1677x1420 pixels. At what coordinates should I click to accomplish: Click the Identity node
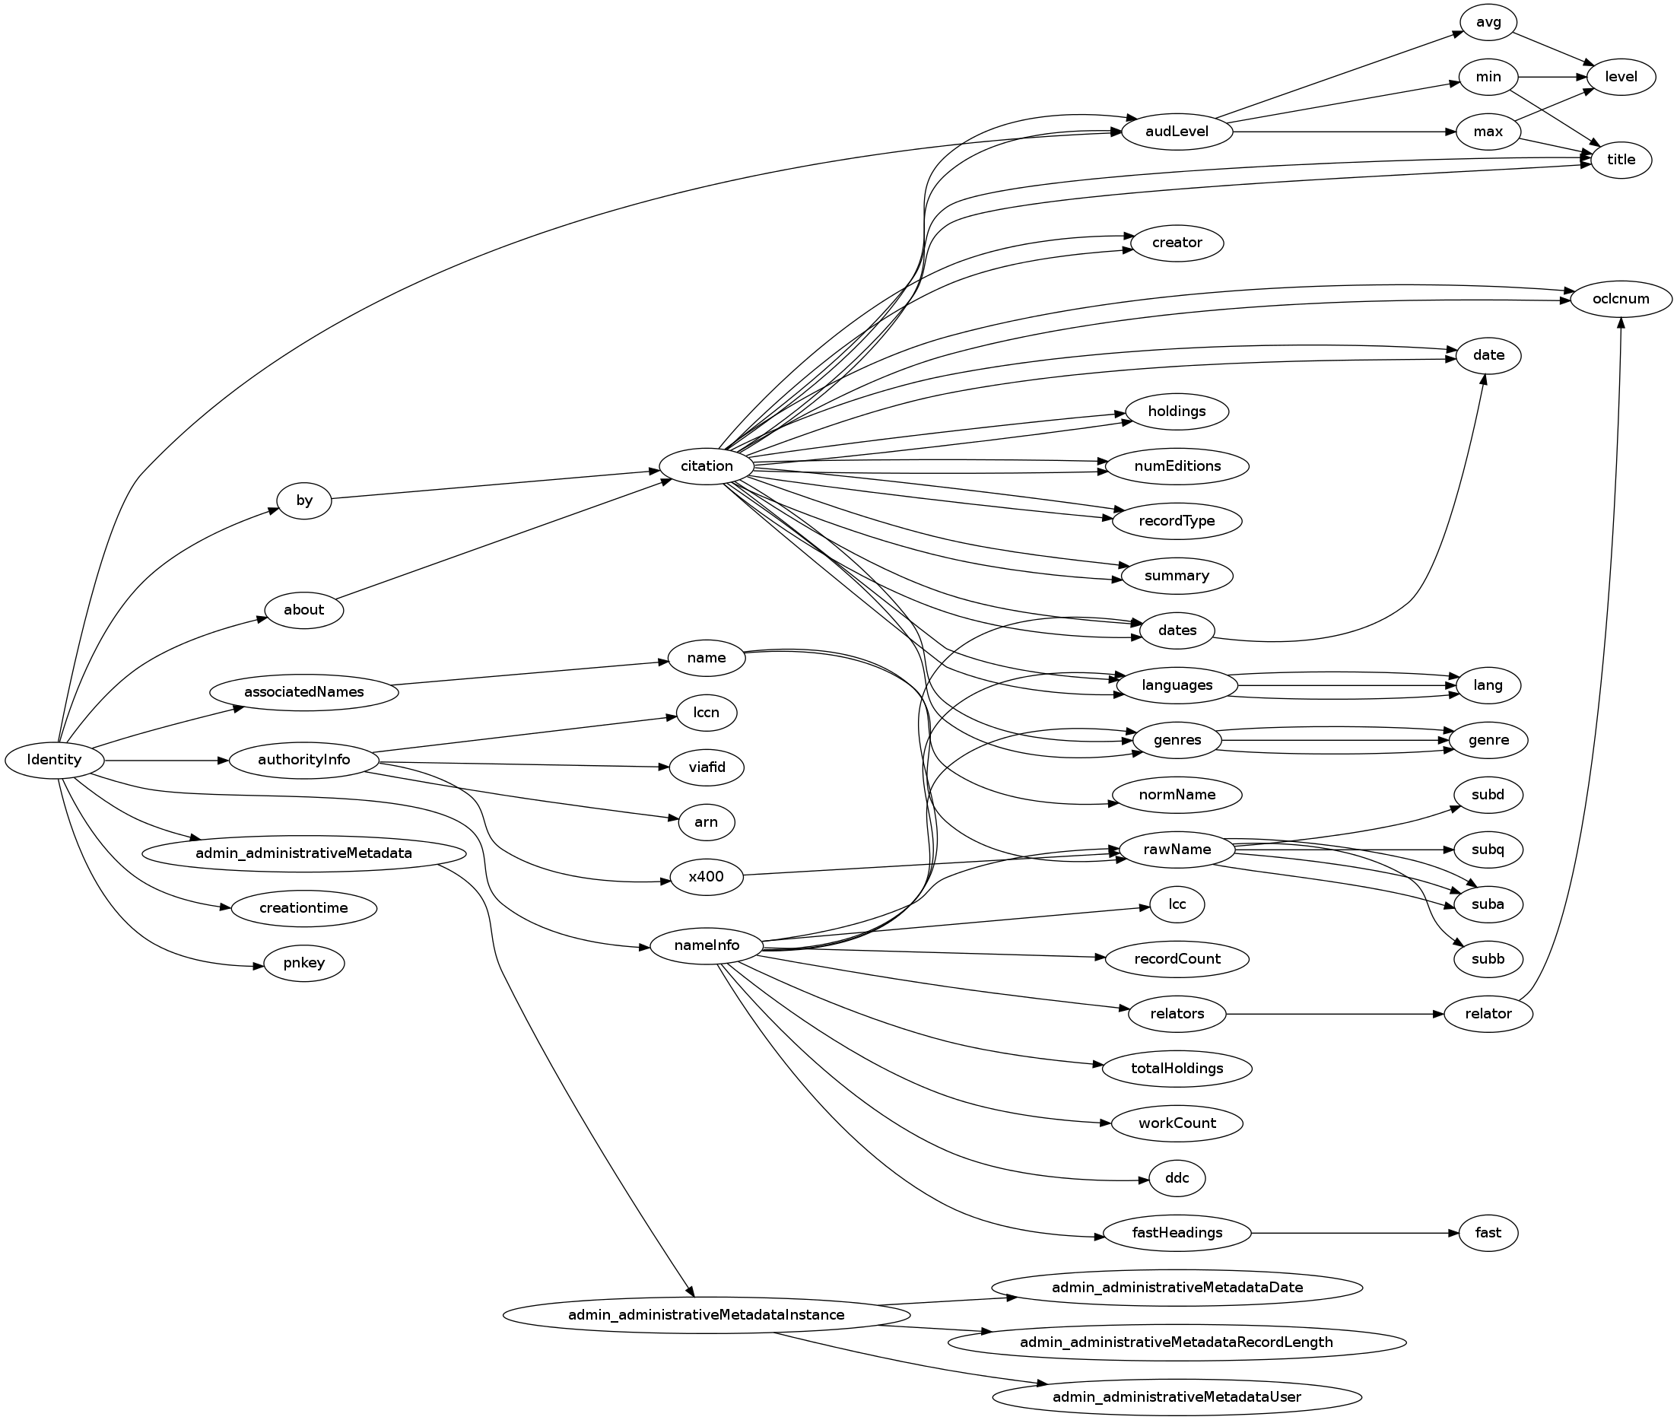[x=55, y=760]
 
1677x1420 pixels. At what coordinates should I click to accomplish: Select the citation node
[x=706, y=466]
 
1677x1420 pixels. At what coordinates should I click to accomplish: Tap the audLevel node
[x=1177, y=132]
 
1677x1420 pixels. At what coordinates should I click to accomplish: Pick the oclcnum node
[x=1620, y=299]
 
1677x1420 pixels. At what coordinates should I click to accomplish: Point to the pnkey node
[x=303, y=963]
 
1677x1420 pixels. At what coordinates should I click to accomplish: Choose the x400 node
[x=706, y=876]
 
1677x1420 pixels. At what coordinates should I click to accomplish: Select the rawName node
[x=1177, y=850]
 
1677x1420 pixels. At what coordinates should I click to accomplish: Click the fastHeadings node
[x=1177, y=1232]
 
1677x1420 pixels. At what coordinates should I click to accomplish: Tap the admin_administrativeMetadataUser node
[x=1177, y=1396]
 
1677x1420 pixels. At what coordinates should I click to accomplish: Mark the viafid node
[x=706, y=767]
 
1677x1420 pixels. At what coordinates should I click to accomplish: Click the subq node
[x=1488, y=850]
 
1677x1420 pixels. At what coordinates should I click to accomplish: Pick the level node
[x=1620, y=78]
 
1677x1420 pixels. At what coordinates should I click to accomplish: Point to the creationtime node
[x=303, y=908]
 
